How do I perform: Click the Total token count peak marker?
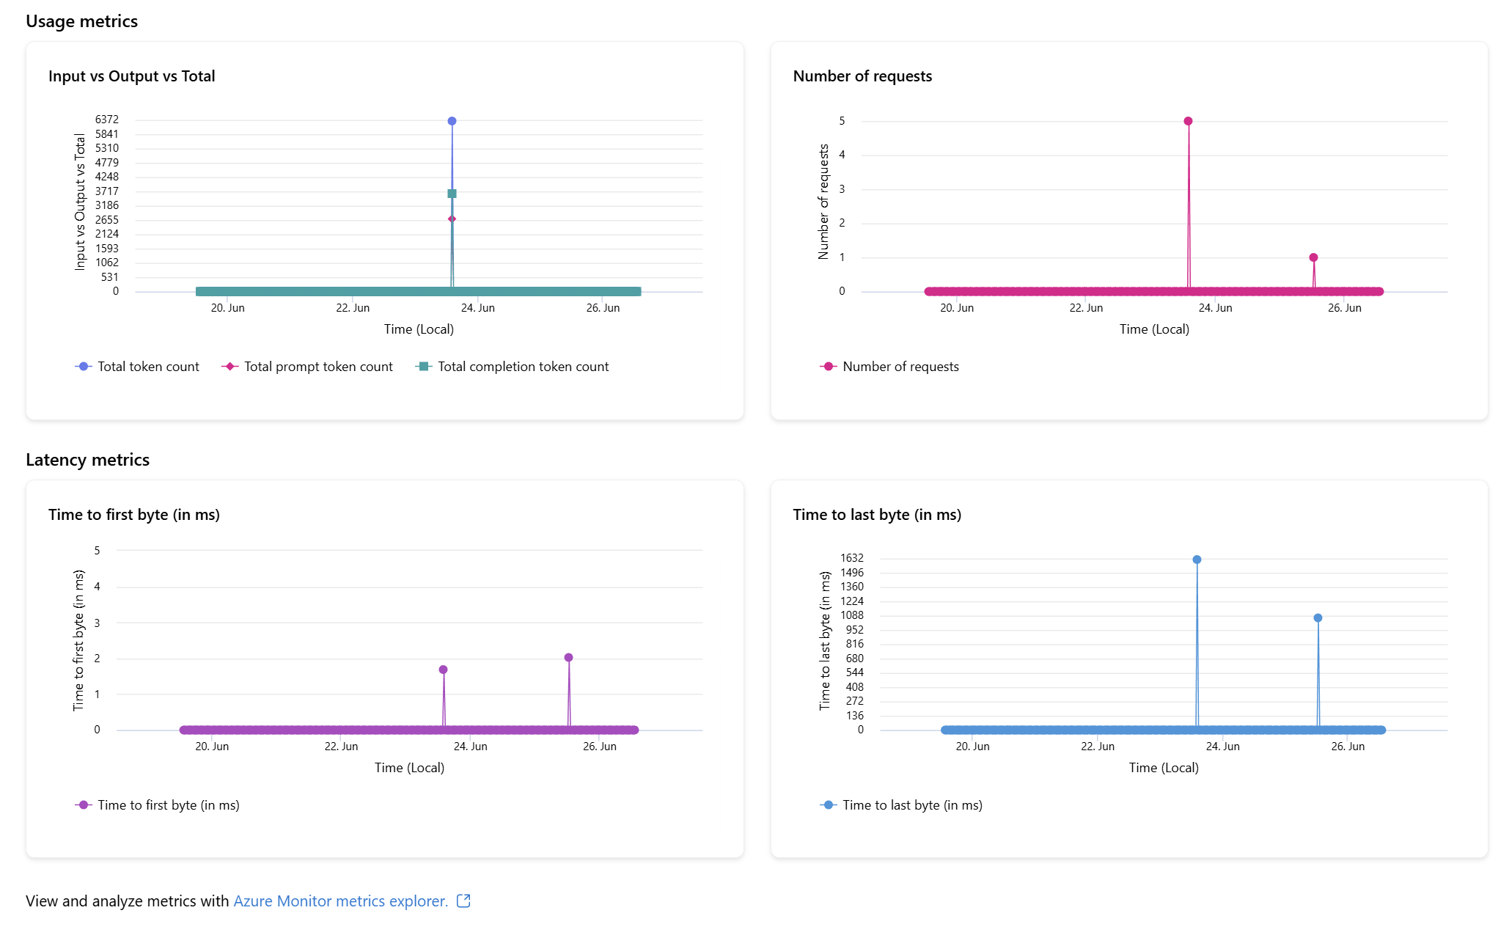452,121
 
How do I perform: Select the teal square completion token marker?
452,194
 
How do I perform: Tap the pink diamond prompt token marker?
452,219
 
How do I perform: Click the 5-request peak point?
1188,121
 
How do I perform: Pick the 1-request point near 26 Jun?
1313,257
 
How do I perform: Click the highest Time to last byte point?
1197,560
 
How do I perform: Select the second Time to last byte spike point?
1318,618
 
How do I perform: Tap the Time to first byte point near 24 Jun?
443,670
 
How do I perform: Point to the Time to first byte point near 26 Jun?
568,658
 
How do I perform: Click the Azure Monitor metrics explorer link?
340,901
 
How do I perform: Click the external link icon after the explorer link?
463,901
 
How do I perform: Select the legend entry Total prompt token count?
317,367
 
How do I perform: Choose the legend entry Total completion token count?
522,367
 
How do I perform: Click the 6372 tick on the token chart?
106,120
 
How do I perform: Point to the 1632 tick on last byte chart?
851,558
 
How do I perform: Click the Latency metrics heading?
87,460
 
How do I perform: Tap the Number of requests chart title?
862,76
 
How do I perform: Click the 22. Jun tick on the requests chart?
1086,308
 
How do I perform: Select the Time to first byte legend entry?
168,805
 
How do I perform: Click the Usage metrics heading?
81,21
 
